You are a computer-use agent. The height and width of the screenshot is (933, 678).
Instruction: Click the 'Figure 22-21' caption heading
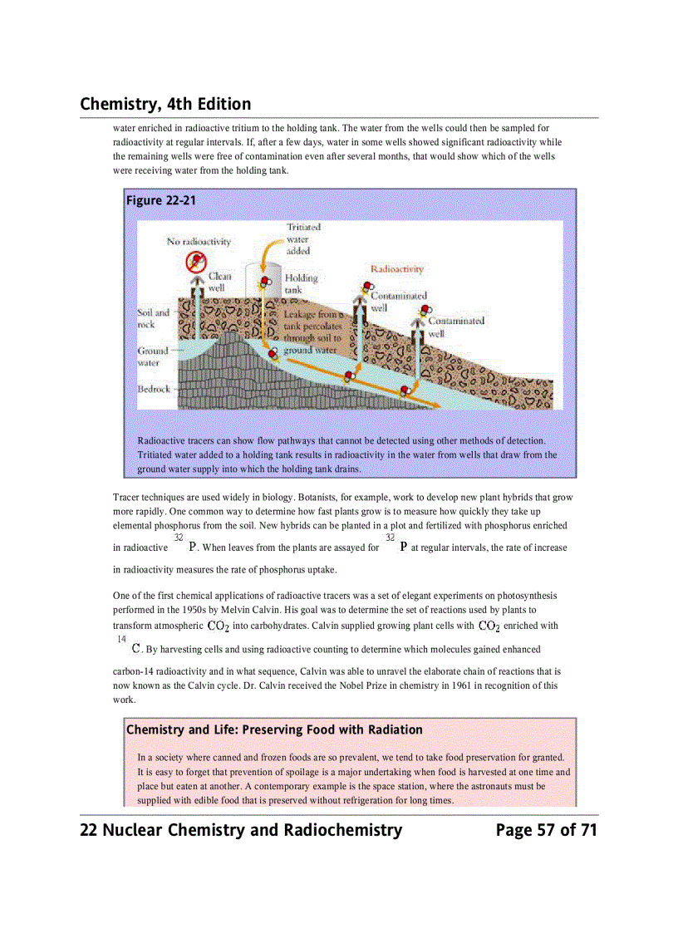click(160, 200)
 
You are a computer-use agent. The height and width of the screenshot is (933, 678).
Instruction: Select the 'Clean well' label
click(219, 282)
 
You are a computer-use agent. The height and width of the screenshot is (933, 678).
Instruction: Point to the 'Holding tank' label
click(301, 284)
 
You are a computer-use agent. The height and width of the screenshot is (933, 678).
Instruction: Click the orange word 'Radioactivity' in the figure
click(396, 269)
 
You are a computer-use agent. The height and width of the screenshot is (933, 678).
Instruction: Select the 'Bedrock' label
click(154, 389)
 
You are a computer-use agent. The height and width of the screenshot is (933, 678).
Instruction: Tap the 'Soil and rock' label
click(153, 318)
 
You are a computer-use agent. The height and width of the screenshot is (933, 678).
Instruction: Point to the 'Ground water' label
click(153, 356)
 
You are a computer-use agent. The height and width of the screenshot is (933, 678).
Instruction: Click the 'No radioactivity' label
click(199, 242)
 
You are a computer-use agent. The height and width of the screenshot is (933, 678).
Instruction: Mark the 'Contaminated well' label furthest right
click(455, 327)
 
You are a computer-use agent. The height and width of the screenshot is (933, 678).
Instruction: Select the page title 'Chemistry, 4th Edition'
click(165, 104)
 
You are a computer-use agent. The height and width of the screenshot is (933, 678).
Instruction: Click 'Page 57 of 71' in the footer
click(546, 830)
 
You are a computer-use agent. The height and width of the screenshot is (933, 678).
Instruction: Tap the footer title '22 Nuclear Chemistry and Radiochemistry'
click(241, 830)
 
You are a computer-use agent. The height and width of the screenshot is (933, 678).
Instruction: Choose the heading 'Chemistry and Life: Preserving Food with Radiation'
click(274, 729)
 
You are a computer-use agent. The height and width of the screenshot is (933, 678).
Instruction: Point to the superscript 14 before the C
click(121, 639)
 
